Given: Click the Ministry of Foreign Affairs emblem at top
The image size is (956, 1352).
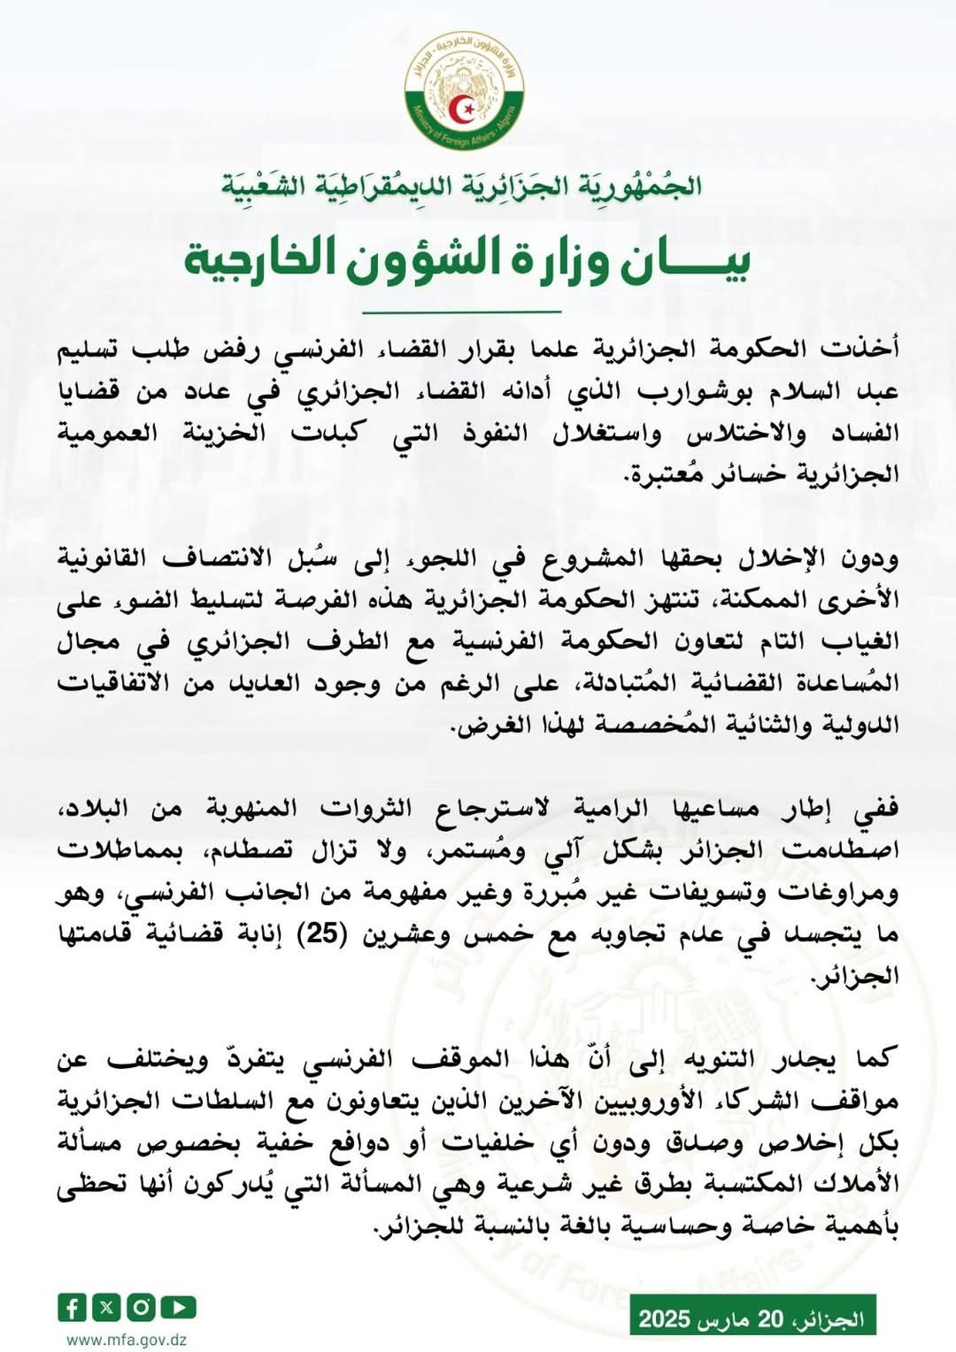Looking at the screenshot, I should click(463, 90).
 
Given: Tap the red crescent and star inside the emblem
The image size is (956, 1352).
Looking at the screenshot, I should click(463, 108).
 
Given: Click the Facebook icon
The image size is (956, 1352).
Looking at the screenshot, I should click(72, 1306).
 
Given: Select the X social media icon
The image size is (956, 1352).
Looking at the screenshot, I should click(107, 1306).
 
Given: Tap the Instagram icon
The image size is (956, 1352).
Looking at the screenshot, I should click(142, 1306).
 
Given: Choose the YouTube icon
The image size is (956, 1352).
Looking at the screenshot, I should click(178, 1306).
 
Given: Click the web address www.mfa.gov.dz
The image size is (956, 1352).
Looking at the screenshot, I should click(127, 1340).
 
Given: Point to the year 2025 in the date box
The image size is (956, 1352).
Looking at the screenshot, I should click(664, 1320).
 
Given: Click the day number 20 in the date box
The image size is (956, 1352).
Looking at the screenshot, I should click(770, 1320).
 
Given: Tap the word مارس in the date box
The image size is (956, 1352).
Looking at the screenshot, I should click(722, 1320).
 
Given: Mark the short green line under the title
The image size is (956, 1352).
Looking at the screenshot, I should click(463, 311).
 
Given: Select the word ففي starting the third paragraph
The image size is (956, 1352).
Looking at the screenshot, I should click(875, 809).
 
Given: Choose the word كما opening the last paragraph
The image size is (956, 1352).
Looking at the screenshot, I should click(876, 1058).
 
